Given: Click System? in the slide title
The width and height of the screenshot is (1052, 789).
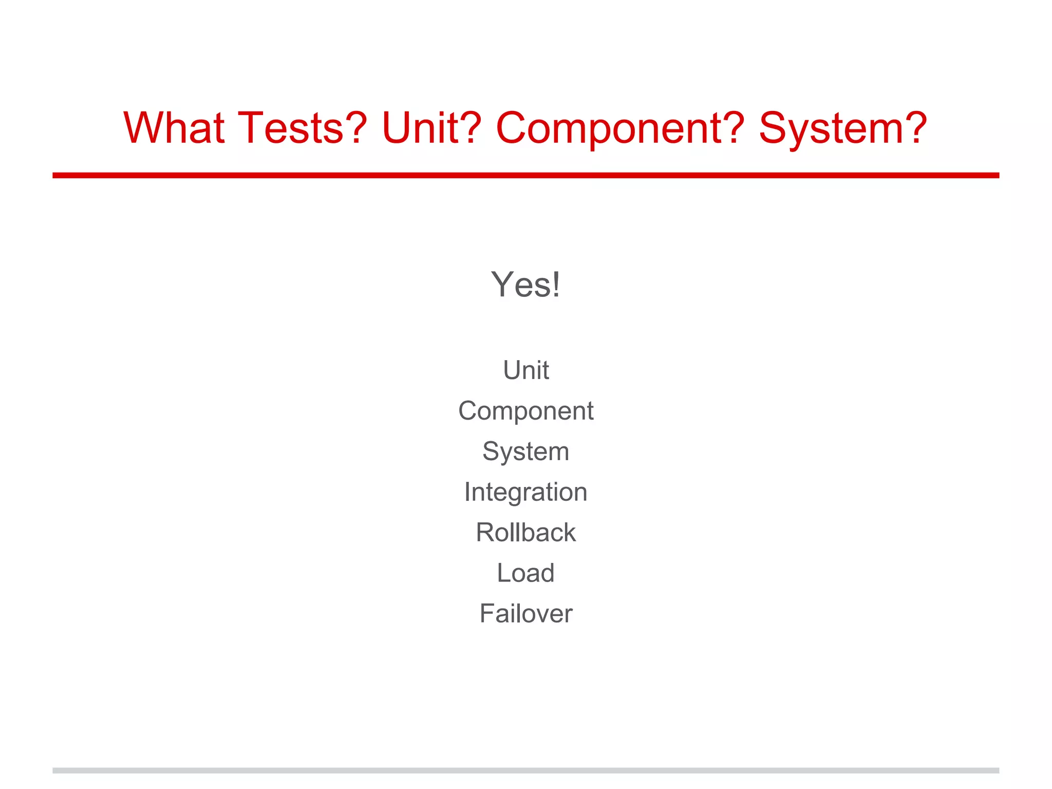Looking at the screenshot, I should click(843, 128).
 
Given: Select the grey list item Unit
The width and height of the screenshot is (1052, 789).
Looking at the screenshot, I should click(525, 370).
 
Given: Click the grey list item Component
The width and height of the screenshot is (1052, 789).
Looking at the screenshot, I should click(525, 411).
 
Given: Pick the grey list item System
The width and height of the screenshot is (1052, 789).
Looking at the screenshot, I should click(525, 452).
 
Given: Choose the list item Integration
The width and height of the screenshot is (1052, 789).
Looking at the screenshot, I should click(525, 492).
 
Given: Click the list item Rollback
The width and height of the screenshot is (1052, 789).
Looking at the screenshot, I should click(525, 532).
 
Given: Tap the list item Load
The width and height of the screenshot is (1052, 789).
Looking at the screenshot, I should click(525, 573).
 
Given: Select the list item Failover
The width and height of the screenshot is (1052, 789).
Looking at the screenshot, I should click(525, 613).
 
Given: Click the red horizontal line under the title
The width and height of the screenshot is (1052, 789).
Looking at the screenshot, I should click(525, 175).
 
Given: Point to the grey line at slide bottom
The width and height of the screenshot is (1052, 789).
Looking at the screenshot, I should click(525, 771).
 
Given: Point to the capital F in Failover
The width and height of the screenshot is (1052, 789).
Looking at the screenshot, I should click(486, 613).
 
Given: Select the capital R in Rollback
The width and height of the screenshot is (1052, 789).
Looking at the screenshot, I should click(485, 532).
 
